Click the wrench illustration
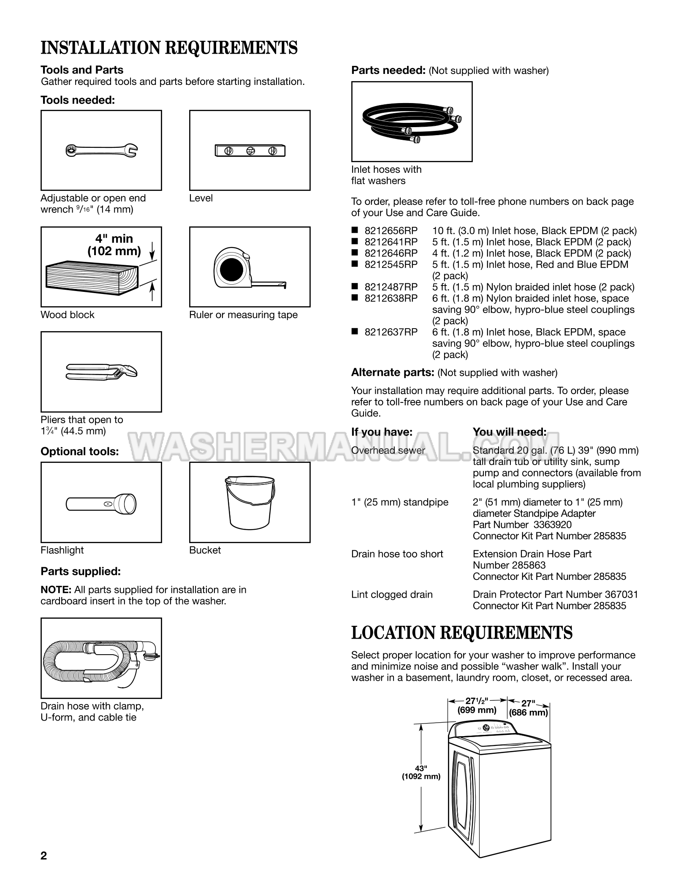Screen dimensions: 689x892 (101, 150)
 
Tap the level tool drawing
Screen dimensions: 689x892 (250, 150)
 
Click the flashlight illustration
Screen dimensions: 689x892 (101, 503)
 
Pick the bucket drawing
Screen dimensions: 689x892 (250, 502)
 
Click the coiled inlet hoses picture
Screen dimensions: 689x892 (412, 122)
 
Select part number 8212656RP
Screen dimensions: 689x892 (391, 231)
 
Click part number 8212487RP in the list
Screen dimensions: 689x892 (391, 287)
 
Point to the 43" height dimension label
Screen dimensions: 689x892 (421, 772)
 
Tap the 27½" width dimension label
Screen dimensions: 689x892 (477, 706)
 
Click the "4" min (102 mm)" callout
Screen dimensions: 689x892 (114, 245)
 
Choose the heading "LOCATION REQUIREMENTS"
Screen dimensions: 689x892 (462, 633)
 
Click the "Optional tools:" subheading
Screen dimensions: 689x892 (80, 451)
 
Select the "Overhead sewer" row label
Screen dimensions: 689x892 (388, 450)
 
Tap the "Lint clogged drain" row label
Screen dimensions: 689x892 (392, 595)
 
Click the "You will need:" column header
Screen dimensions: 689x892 (510, 432)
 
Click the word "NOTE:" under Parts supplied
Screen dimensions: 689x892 (56, 590)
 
